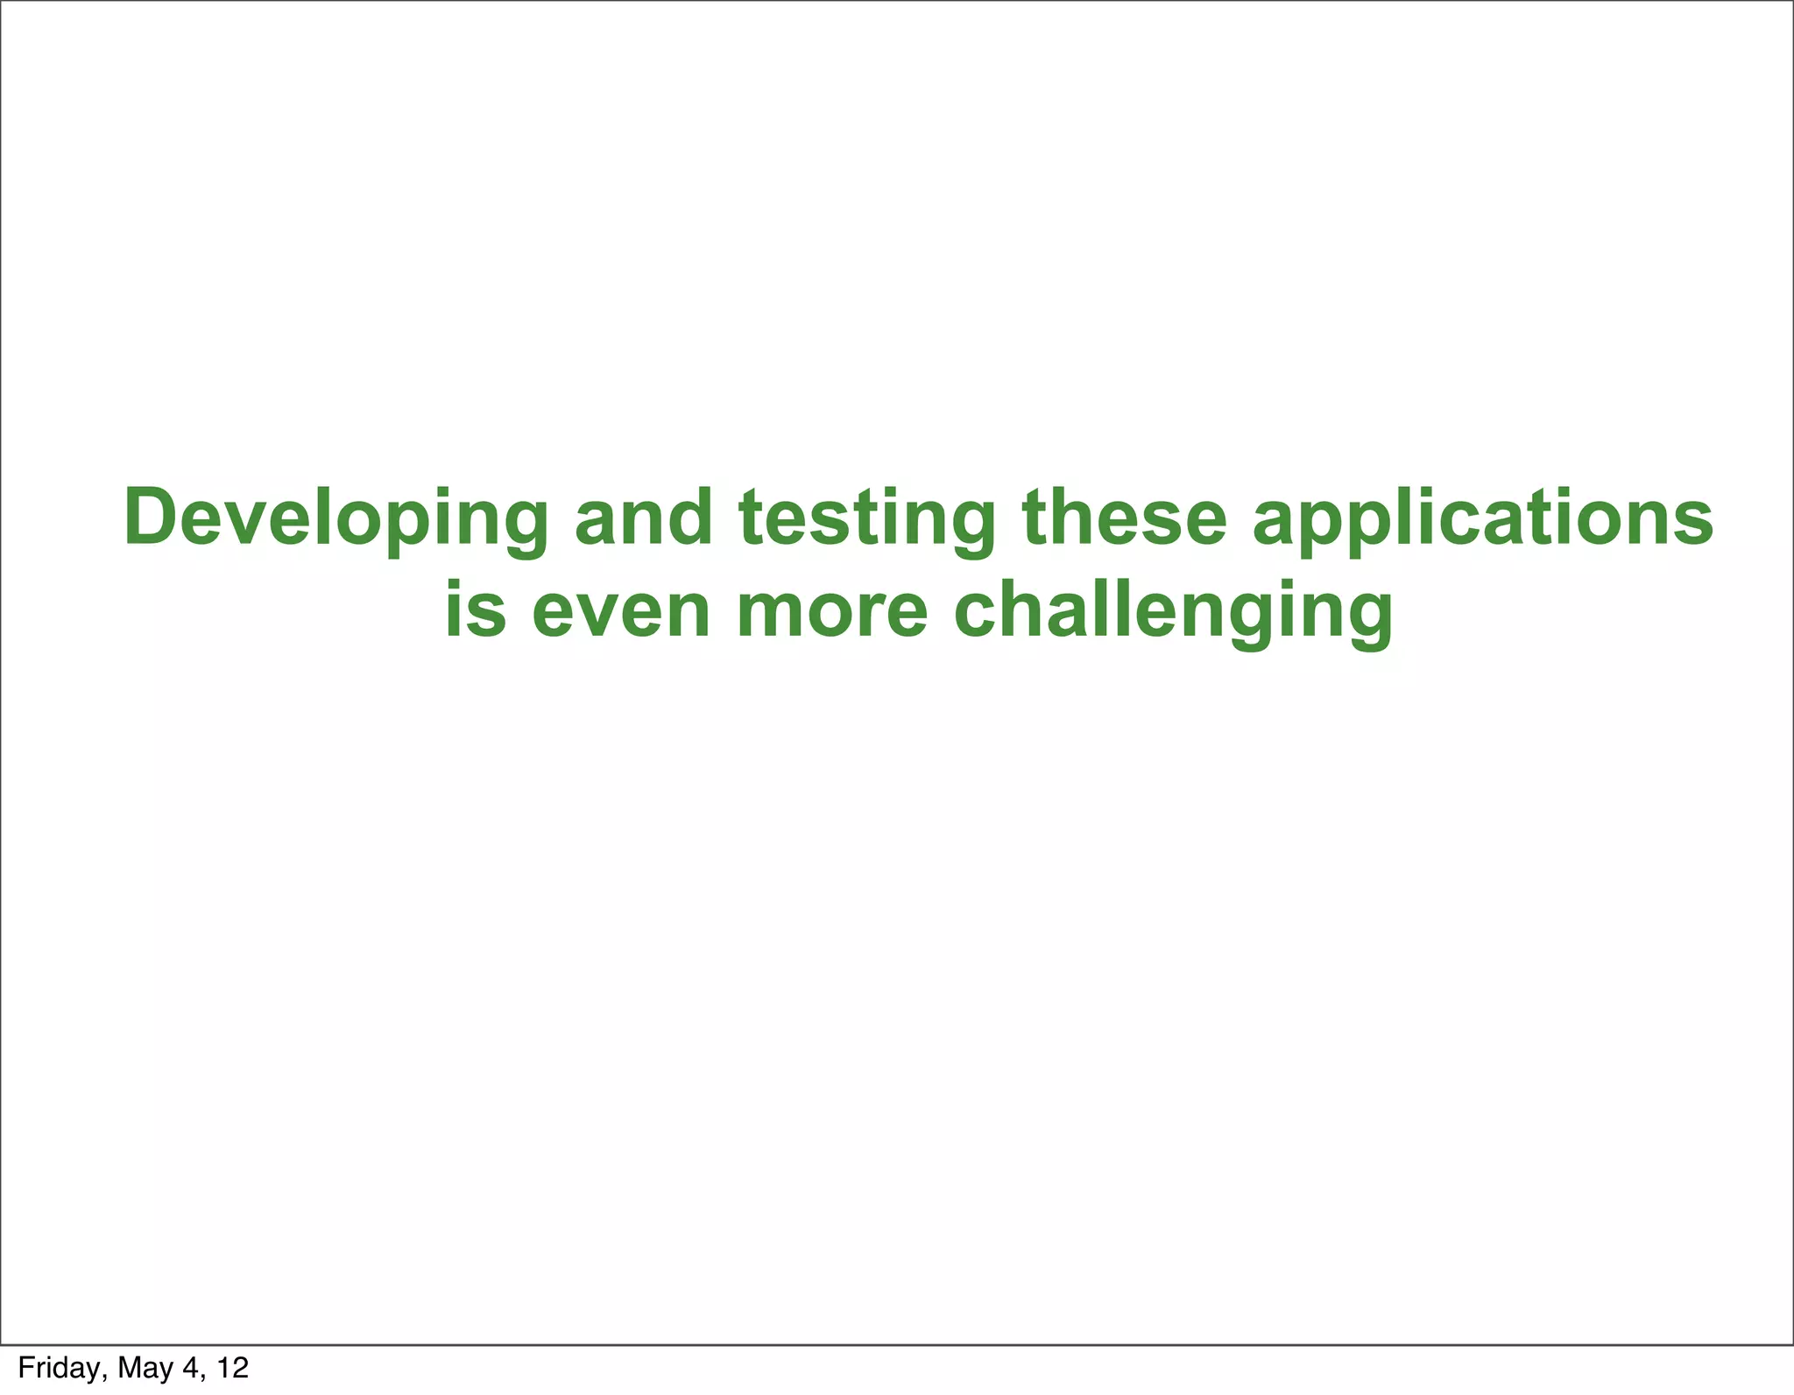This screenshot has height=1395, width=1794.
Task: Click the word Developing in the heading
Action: (x=336, y=520)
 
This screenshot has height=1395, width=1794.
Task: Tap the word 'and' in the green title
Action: (x=643, y=518)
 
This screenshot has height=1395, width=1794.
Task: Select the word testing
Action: (x=867, y=520)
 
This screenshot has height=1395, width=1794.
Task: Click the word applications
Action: (x=1482, y=520)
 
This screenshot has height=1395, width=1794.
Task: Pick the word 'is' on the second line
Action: (x=476, y=610)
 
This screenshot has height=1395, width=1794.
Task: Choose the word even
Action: (x=620, y=612)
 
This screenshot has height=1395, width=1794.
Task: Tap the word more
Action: (x=831, y=612)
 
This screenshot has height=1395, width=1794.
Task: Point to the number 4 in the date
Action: (x=191, y=1367)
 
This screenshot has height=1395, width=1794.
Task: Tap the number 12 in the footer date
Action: (x=232, y=1367)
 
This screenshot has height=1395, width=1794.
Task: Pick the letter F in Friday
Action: (x=25, y=1367)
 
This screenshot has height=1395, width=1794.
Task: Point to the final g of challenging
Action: (x=1364, y=619)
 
